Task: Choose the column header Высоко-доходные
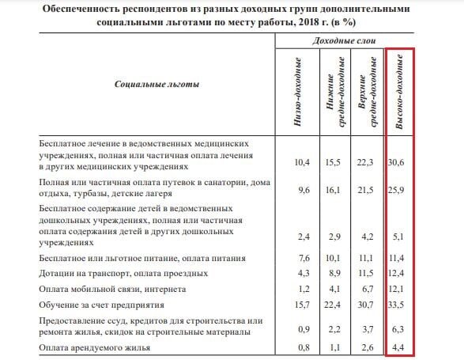400,83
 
